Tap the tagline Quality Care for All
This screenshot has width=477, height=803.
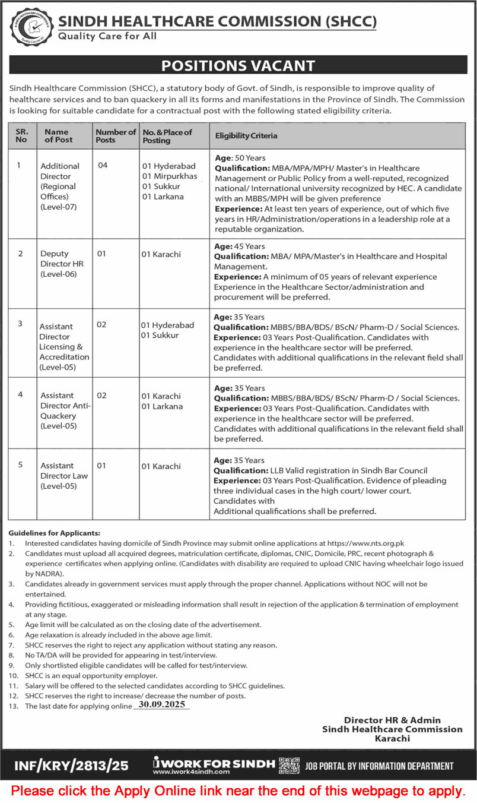(107, 37)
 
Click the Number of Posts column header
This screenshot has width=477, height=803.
(116, 136)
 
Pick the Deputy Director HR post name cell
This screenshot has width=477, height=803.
(59, 264)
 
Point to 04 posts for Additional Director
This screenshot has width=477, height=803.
(103, 166)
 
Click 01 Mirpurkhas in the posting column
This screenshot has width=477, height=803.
(169, 176)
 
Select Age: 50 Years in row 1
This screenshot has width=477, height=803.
(240, 158)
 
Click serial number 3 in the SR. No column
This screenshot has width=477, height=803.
(20, 323)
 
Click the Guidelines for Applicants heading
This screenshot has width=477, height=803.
(55, 533)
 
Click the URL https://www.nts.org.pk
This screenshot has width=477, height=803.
(365, 543)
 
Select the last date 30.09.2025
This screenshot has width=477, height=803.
(162, 705)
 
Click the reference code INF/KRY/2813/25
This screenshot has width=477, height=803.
(71, 766)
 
